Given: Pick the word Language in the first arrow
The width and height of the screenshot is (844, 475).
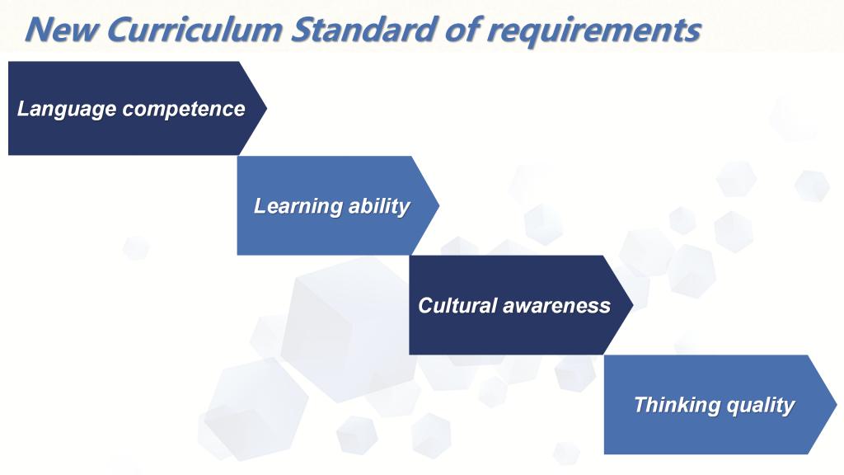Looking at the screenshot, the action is (67, 110).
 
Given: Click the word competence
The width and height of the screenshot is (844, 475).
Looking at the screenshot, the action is (184, 111).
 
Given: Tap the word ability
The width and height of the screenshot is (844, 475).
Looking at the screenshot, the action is (379, 207).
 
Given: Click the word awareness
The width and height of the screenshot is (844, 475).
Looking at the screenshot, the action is (556, 306).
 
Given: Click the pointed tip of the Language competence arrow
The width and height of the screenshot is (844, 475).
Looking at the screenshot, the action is (266, 108).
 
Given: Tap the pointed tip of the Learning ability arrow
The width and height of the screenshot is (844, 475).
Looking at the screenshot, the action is (439, 205).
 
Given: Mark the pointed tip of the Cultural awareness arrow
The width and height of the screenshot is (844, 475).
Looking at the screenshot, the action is (633, 305).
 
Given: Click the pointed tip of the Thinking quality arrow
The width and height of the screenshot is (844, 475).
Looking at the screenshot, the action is (837, 404).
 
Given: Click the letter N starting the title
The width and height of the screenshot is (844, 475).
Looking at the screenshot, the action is (38, 30).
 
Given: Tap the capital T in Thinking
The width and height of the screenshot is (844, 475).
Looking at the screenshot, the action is (641, 404).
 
